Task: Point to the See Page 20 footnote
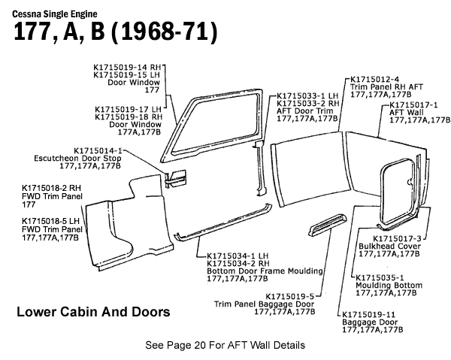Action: tap(226, 346)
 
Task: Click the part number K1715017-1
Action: tap(414, 104)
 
